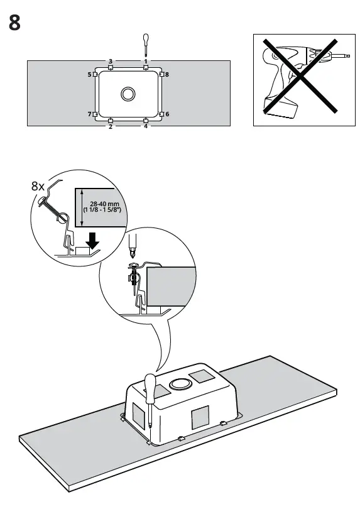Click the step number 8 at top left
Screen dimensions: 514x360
click(x=15, y=23)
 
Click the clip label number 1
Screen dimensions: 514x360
click(x=145, y=61)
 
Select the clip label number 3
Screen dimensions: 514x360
click(x=111, y=61)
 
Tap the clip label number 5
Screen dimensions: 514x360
click(x=89, y=75)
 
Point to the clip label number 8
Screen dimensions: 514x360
click(x=167, y=75)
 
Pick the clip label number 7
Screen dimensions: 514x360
click(x=89, y=114)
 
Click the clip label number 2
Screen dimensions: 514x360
click(x=111, y=127)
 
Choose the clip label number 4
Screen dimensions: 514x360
click(x=145, y=127)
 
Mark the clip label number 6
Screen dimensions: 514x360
click(x=167, y=114)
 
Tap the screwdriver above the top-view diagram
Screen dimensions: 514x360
click(x=145, y=45)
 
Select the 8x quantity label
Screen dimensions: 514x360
click(x=38, y=186)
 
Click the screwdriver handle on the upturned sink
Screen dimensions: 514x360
click(x=150, y=389)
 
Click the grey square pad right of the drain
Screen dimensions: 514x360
click(x=202, y=377)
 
